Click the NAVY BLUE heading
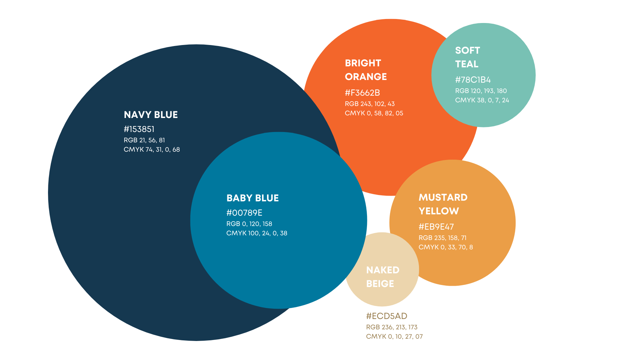point(151,115)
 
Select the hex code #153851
point(139,129)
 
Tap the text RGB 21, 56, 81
point(144,140)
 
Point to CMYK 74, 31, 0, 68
point(152,150)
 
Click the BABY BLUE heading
point(252,198)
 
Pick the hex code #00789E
point(244,213)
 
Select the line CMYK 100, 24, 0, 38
point(257,233)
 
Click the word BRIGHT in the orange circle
point(363,63)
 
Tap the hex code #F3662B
point(362,93)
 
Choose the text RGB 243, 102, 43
point(370,104)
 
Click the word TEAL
point(467,64)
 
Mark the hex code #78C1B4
point(473,80)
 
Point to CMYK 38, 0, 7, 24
point(482,100)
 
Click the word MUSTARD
point(443,197)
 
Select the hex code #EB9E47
point(436,227)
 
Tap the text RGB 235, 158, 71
point(442,238)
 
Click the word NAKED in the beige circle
point(383,270)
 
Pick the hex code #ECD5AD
point(387,316)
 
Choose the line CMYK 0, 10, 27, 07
point(394,337)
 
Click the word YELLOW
point(439,211)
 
